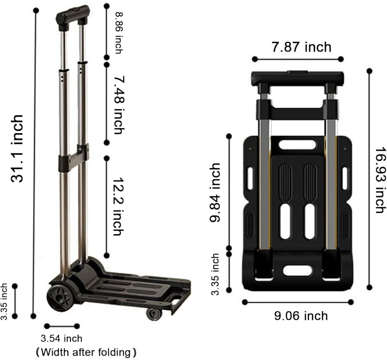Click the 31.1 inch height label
coord(17,148)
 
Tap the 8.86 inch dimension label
coord(119,33)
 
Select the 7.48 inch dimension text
coord(119,105)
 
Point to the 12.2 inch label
coord(118,206)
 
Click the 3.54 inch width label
coord(62,338)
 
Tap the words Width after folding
coord(86,352)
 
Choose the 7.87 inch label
coord(301,47)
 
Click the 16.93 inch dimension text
coord(380,180)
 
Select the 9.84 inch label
coord(215,192)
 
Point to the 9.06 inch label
coord(301,316)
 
